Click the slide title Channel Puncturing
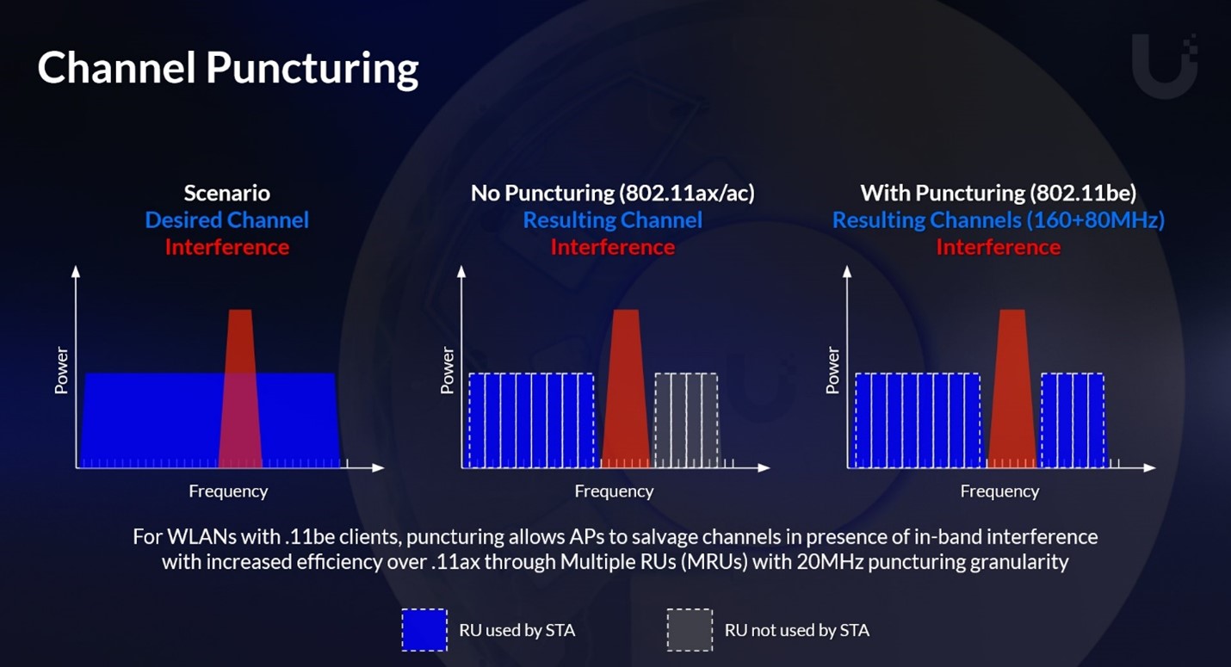click(x=227, y=68)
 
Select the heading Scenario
click(x=226, y=193)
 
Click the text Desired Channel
click(x=226, y=220)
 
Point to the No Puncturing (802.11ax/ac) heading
click(x=612, y=193)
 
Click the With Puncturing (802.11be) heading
click(x=998, y=193)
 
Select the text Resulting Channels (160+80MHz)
click(x=998, y=220)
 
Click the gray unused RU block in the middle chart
click(x=686, y=420)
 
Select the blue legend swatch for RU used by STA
click(x=424, y=630)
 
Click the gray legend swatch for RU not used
click(x=690, y=630)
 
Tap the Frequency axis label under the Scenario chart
click(x=228, y=491)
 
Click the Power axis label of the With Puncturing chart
click(x=832, y=371)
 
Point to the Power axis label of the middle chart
click(x=447, y=371)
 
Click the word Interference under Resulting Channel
click(x=612, y=248)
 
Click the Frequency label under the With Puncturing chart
click(x=999, y=491)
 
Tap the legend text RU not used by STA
click(x=796, y=630)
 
